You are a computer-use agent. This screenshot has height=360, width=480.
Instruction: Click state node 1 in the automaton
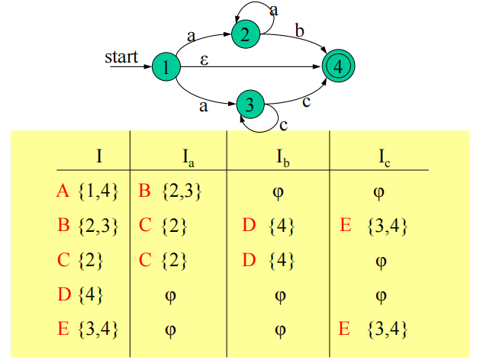tap(165, 68)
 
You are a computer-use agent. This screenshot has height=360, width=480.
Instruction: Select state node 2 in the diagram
tap(245, 34)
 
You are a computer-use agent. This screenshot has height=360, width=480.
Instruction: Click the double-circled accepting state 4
tap(338, 66)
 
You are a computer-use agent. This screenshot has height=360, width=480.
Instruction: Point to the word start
tap(121, 57)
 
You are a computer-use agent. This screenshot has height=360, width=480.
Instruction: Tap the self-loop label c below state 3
tap(282, 124)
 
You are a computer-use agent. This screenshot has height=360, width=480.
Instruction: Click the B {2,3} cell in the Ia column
tap(170, 191)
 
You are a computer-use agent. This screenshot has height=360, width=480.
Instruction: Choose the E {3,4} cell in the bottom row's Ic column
tap(377, 329)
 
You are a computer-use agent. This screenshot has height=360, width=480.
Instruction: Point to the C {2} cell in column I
tap(81, 260)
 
